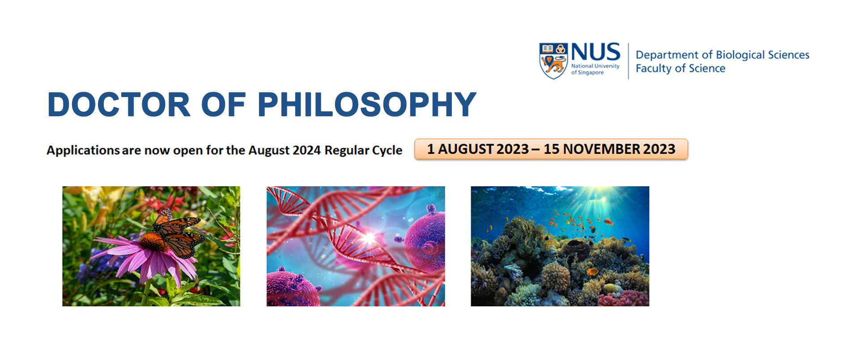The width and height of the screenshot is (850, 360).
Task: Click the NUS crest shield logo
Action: tap(553, 61)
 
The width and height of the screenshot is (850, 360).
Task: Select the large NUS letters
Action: tap(595, 52)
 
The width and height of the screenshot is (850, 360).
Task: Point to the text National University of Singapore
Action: tap(595, 69)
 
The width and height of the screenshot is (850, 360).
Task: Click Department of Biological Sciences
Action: tap(722, 55)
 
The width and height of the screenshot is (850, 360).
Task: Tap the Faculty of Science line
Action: tap(680, 68)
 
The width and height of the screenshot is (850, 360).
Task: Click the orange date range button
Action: tap(551, 149)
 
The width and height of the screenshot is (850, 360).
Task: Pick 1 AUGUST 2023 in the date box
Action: tap(477, 149)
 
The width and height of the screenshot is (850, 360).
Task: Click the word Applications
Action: tap(83, 150)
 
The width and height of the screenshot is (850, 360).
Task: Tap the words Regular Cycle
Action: tap(363, 150)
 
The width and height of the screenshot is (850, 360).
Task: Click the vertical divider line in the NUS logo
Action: tap(629, 61)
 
